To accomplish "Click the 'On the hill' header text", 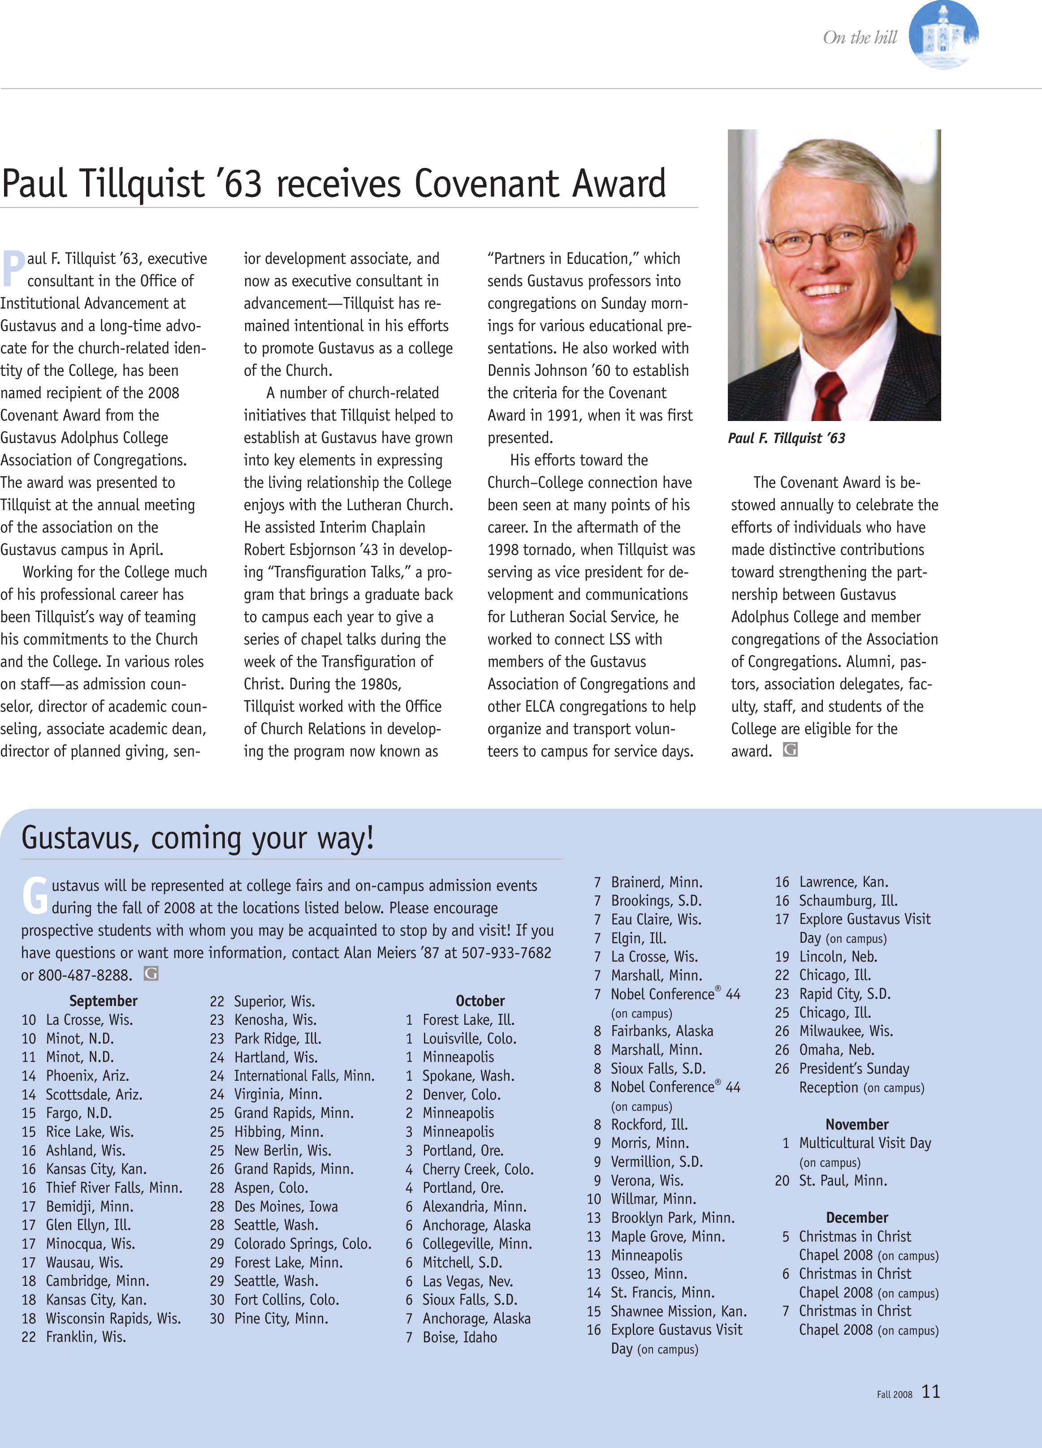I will (860, 38).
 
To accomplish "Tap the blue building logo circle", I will (943, 35).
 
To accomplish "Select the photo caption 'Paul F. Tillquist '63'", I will (787, 438).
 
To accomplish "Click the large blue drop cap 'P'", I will (13, 268).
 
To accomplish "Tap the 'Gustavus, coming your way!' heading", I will (197, 838).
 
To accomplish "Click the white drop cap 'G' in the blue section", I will (35, 895).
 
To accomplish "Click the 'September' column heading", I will (104, 1001).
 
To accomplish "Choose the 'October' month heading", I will (480, 1001).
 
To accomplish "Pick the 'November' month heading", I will (857, 1124).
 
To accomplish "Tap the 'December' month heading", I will (857, 1217).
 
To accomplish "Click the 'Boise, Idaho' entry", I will (459, 1337).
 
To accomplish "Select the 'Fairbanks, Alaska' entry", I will (662, 1031).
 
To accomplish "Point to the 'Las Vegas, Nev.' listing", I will (467, 1281).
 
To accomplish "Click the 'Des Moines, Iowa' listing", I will (285, 1207).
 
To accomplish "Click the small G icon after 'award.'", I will (790, 750).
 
